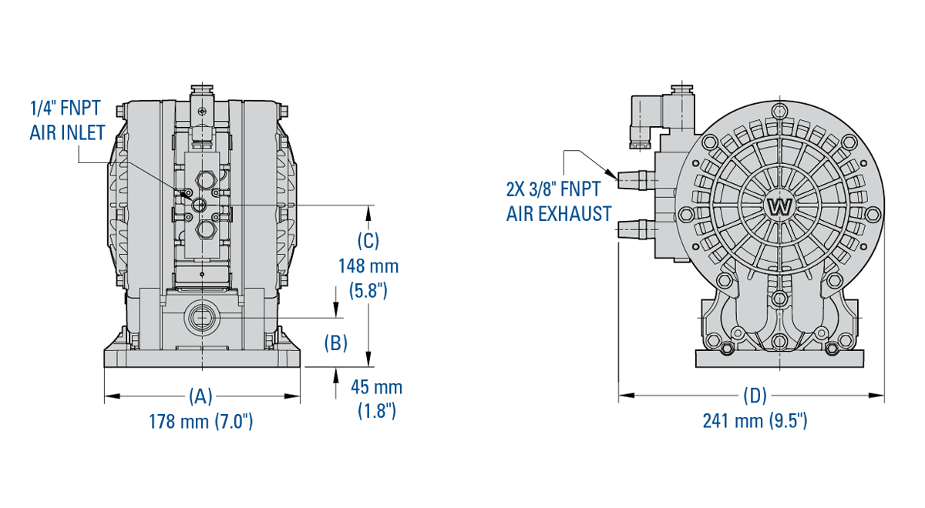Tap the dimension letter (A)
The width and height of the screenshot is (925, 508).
pyautogui.click(x=200, y=396)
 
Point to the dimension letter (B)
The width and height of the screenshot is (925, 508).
pyautogui.click(x=336, y=343)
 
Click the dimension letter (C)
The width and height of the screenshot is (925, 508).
pyautogui.click(x=368, y=240)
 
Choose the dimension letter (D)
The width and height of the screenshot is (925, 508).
pyautogui.click(x=754, y=396)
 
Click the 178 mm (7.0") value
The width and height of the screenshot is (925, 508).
pyautogui.click(x=200, y=422)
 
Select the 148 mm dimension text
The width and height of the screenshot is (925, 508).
pyautogui.click(x=368, y=266)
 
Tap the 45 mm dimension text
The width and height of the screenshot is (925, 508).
pyautogui.click(x=376, y=387)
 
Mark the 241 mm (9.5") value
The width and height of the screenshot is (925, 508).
pyautogui.click(x=754, y=422)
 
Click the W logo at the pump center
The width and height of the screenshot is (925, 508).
pyautogui.click(x=780, y=206)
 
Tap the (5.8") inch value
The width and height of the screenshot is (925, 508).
pyautogui.click(x=368, y=291)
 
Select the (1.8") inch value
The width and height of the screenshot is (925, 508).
pyautogui.click(x=376, y=411)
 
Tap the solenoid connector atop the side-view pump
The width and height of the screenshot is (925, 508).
pyautogui.click(x=644, y=119)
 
